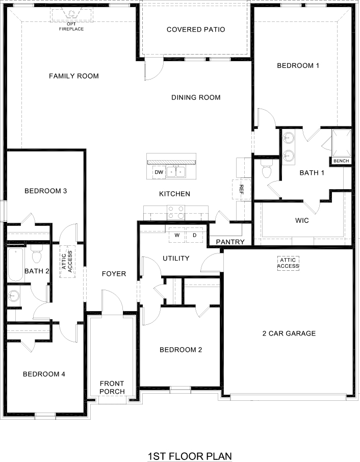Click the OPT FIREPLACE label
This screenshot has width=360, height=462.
tap(71, 26)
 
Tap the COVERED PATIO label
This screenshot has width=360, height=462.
tap(196, 30)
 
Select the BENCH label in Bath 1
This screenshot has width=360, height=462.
tap(341, 161)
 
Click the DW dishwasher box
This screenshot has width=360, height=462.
tap(159, 172)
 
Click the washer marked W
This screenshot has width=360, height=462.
tap(177, 235)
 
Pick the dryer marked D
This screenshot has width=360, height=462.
tap(194, 235)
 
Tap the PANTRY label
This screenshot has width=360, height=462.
tap(230, 242)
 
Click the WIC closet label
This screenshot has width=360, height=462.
tap(302, 221)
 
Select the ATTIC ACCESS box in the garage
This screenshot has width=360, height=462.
tap(288, 263)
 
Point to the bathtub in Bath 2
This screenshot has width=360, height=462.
tap(15, 265)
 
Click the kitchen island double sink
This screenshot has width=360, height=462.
tap(178, 172)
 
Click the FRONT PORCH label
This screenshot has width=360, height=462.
tap(112, 388)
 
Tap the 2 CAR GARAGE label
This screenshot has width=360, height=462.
tap(289, 333)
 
